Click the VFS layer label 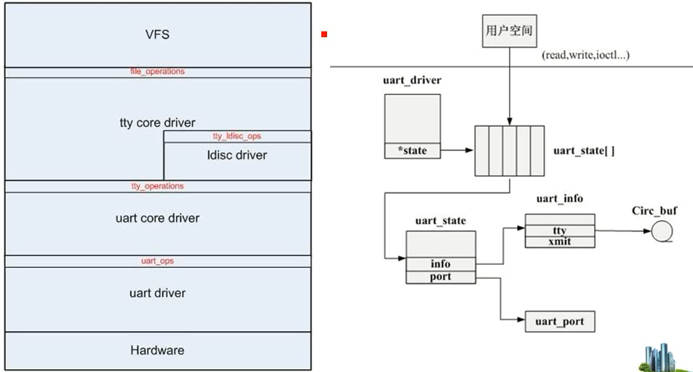coord(158,34)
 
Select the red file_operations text coord(158,71)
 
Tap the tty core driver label coord(158,123)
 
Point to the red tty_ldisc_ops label coord(237,136)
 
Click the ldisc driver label coord(237,155)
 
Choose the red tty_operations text coord(158,186)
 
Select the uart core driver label coord(158,218)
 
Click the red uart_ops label coord(158,260)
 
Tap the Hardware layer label coord(158,350)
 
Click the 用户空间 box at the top coord(510,32)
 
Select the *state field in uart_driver coord(412,151)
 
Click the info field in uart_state coord(440,263)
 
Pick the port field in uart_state coord(440,276)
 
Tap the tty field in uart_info coord(560,231)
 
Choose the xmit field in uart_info coord(560,241)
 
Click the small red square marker coord(323,34)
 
